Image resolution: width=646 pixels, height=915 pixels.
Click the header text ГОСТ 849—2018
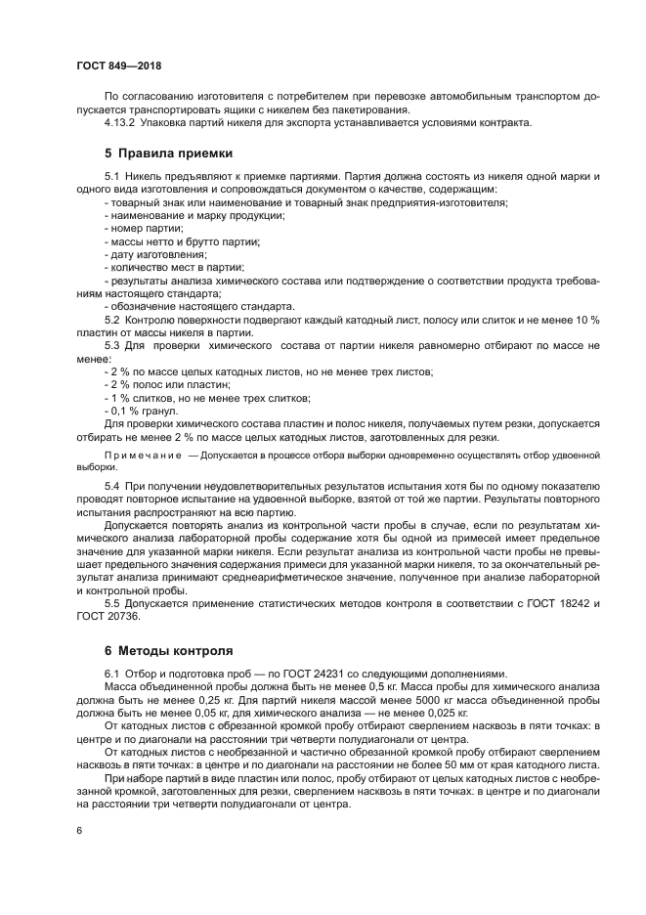118,65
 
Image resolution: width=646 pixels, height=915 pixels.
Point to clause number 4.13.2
120,122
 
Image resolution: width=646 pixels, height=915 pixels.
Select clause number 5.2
111,320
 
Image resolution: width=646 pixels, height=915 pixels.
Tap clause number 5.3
111,346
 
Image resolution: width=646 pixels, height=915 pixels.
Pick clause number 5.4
111,485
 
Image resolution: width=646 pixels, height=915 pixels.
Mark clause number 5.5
111,602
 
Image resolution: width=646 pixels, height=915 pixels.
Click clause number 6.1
111,674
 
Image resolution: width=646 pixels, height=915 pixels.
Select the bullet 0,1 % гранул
143,412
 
